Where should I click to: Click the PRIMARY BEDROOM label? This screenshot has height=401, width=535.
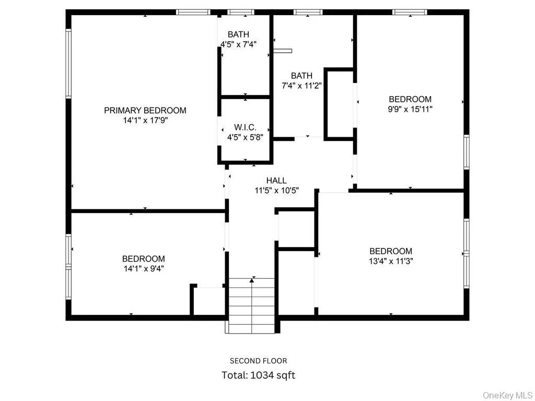[145, 110]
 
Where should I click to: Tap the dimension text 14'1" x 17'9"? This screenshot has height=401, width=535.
[145, 120]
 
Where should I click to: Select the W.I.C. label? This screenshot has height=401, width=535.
[245, 127]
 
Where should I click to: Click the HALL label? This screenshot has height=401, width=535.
[276, 181]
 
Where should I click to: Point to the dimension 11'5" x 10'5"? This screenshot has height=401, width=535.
[276, 191]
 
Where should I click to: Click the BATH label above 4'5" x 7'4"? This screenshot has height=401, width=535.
[238, 34]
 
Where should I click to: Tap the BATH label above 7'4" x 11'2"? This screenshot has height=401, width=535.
[301, 76]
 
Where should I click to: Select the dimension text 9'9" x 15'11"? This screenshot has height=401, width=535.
[410, 109]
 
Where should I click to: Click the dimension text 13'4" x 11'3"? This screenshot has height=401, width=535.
[391, 261]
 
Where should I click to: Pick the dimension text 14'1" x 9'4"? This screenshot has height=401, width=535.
[144, 268]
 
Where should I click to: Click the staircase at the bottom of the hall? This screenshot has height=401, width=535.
[252, 303]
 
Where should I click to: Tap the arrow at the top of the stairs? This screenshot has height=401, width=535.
[252, 281]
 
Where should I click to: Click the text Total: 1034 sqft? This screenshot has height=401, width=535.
[258, 375]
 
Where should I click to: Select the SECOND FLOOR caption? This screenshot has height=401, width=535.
[258, 361]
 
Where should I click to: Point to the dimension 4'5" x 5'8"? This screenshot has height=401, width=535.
[245, 137]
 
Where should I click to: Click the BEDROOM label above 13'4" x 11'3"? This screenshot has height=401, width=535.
[391, 251]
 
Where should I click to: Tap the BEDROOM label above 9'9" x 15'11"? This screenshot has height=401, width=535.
[410, 99]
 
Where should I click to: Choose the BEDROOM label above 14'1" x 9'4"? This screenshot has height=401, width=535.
[144, 258]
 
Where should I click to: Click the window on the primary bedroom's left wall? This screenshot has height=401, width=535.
[68, 64]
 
